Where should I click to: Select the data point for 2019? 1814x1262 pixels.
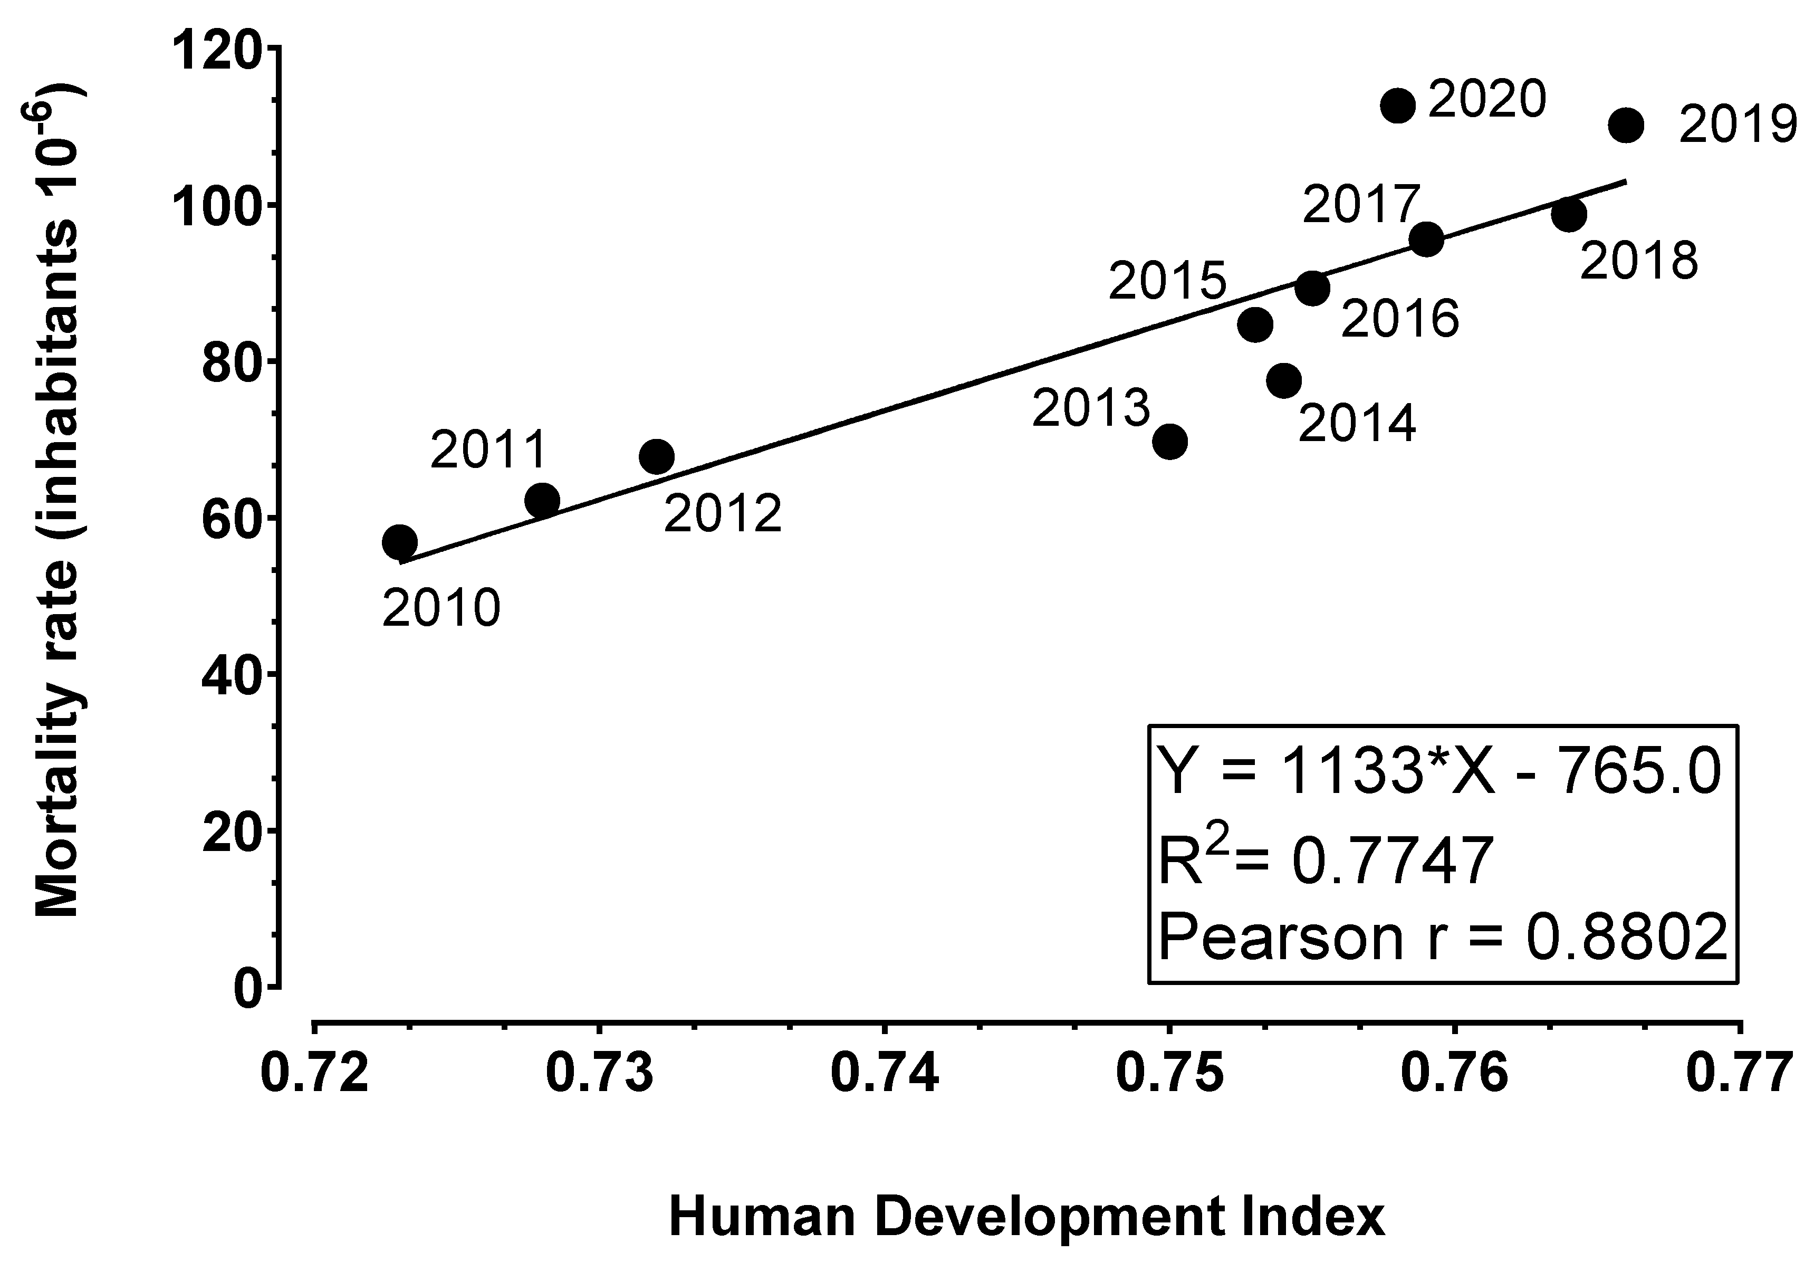click(1625, 125)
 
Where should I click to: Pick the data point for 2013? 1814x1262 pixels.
click(1169, 441)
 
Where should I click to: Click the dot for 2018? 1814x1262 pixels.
click(1568, 214)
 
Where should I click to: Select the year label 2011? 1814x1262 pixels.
click(488, 451)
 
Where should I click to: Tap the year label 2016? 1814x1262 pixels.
click(1399, 319)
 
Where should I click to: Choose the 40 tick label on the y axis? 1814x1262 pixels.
click(232, 674)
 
